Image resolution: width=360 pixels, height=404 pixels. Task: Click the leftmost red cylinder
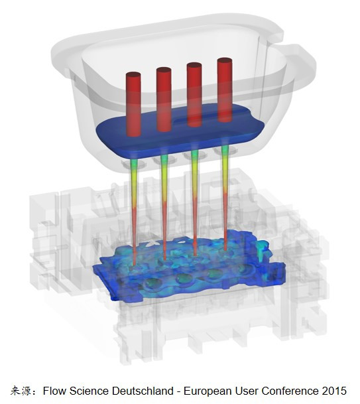pos(133,104)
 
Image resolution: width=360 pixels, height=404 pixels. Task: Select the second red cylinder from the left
pos(164,100)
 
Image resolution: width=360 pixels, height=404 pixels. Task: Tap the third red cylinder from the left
pos(194,95)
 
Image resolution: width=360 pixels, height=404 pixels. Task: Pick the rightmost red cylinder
pos(225,90)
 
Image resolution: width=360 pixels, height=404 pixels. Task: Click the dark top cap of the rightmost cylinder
pos(225,60)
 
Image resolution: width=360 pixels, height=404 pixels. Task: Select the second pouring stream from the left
pos(164,206)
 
